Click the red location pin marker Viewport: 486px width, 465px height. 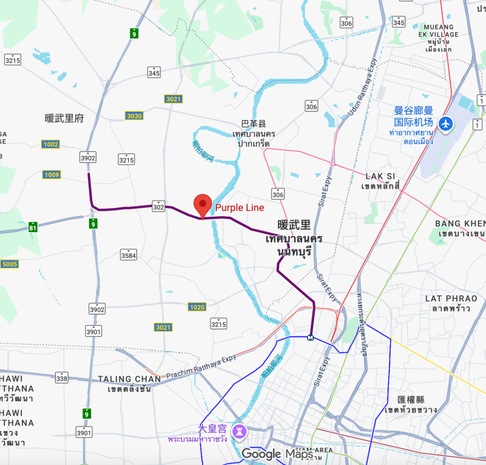tap(202, 205)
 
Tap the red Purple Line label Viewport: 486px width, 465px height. tap(239, 208)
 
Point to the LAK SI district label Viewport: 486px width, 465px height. tap(382, 176)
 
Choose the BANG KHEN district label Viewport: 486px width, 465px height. tap(460, 224)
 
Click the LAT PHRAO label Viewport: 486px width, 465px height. tap(451, 298)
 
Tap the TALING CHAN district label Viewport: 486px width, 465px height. tap(129, 379)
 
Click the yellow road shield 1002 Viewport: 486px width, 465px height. tap(51, 144)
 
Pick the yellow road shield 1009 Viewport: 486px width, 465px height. tap(52, 175)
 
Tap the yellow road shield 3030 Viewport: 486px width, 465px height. tap(134, 116)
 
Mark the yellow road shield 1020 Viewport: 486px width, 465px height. tap(197, 307)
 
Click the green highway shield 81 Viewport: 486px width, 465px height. tap(32, 227)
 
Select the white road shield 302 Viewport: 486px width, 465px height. tap(158, 206)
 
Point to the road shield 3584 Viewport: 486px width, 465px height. tap(128, 255)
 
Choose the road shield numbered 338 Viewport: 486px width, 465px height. tap(62, 378)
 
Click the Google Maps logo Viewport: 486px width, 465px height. tap(277, 454)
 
